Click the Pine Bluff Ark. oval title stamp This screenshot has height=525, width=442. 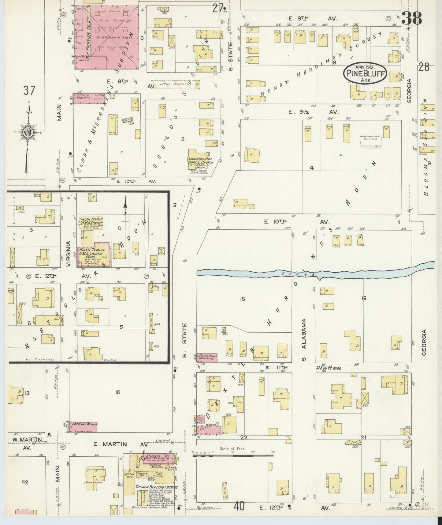pyautogui.click(x=365, y=73)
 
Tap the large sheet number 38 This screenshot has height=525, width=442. pyautogui.click(x=411, y=18)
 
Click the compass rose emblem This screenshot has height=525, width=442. pyautogui.click(x=28, y=132)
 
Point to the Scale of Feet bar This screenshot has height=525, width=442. pyautogui.click(x=232, y=456)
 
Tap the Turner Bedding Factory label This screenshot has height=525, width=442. pyautogui.click(x=157, y=487)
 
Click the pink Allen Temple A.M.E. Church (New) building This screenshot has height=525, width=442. pyautogui.click(x=94, y=254)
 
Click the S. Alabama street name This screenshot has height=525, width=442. pyautogui.click(x=303, y=339)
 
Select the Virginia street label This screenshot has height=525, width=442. pyautogui.click(x=69, y=254)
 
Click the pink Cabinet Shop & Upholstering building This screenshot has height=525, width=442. pyautogui.click(x=207, y=357)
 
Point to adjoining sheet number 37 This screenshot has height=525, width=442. pyautogui.click(x=29, y=91)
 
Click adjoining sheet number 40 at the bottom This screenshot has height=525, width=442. pyautogui.click(x=239, y=507)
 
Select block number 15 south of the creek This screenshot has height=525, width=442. pyautogui.click(x=242, y=299)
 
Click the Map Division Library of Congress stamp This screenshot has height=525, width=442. pyautogui.click(x=370, y=142)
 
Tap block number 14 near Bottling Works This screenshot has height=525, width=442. pyautogui.click(x=117, y=392)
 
